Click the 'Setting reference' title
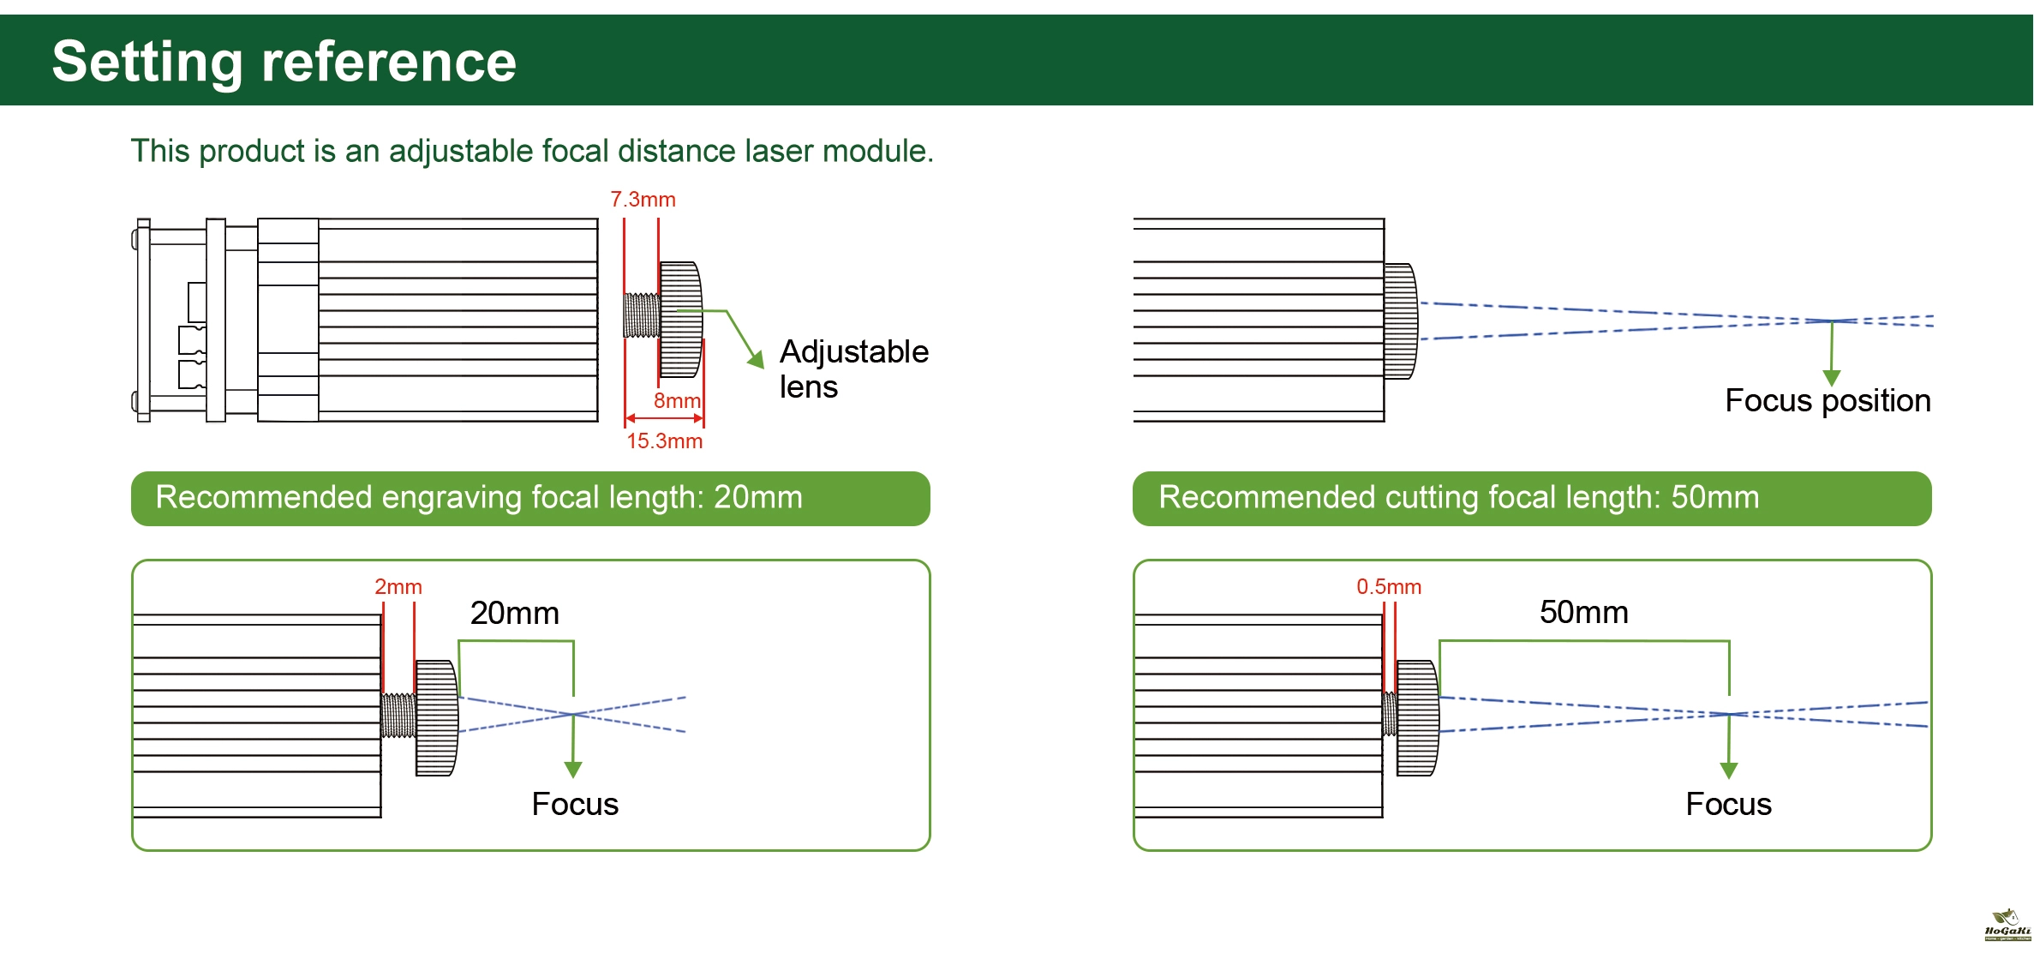284,62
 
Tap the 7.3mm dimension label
643,200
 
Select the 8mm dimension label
677,400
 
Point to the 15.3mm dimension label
664,441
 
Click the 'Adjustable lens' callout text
852,369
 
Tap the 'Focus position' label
1827,401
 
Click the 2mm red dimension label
398,587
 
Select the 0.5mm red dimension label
1388,587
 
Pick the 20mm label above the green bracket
514,614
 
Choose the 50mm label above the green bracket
1583,613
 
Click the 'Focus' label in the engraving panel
575,804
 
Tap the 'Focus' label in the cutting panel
1728,804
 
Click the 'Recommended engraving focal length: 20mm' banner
530,498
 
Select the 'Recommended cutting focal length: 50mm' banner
1531,498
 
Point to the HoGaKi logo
2007,926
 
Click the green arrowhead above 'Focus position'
1832,378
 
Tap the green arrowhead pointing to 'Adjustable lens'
756,359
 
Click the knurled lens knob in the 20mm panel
436,718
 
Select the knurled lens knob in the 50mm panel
1417,718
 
